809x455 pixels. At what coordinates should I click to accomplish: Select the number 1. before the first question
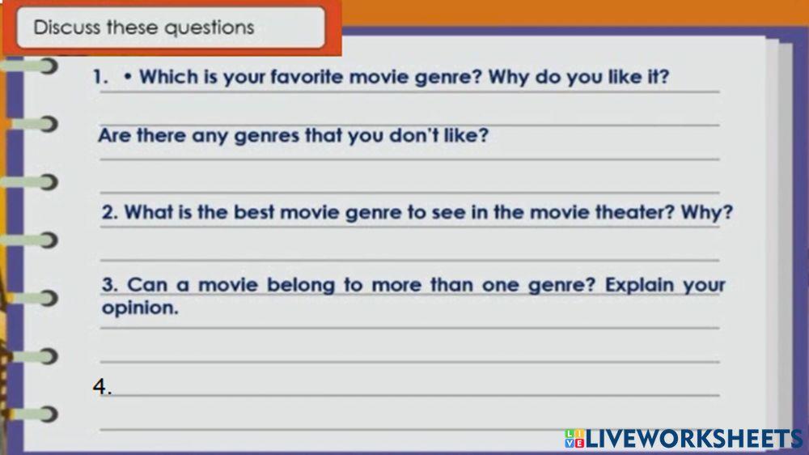point(100,78)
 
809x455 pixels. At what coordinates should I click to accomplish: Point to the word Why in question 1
point(509,78)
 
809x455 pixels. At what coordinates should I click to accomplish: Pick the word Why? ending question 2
point(706,213)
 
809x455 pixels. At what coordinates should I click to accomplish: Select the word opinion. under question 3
point(139,308)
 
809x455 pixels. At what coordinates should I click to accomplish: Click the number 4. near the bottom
point(101,387)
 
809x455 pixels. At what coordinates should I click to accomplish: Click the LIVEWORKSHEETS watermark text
point(694,439)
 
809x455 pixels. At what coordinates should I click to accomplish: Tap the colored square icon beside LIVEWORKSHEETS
point(574,439)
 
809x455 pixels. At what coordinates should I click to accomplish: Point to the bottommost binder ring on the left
point(36,415)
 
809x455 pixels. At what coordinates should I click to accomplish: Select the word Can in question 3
point(146,285)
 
